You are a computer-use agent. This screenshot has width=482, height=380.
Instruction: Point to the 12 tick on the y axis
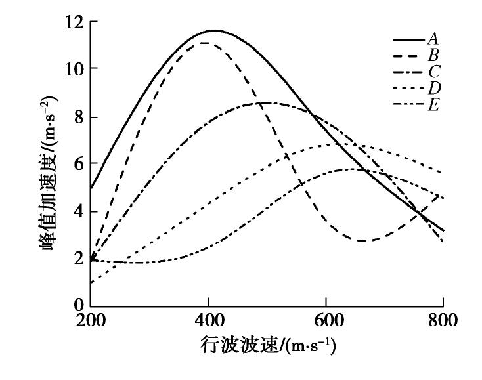[x=74, y=22]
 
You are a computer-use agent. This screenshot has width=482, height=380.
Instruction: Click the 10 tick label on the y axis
[x=74, y=68]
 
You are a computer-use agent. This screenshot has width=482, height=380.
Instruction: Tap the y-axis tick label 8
[x=78, y=117]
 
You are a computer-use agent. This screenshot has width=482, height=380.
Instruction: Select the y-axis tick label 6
[x=78, y=163]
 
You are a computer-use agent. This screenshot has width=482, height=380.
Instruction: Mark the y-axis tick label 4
[x=78, y=211]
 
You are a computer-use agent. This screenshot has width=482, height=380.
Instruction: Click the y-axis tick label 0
[x=78, y=305]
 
